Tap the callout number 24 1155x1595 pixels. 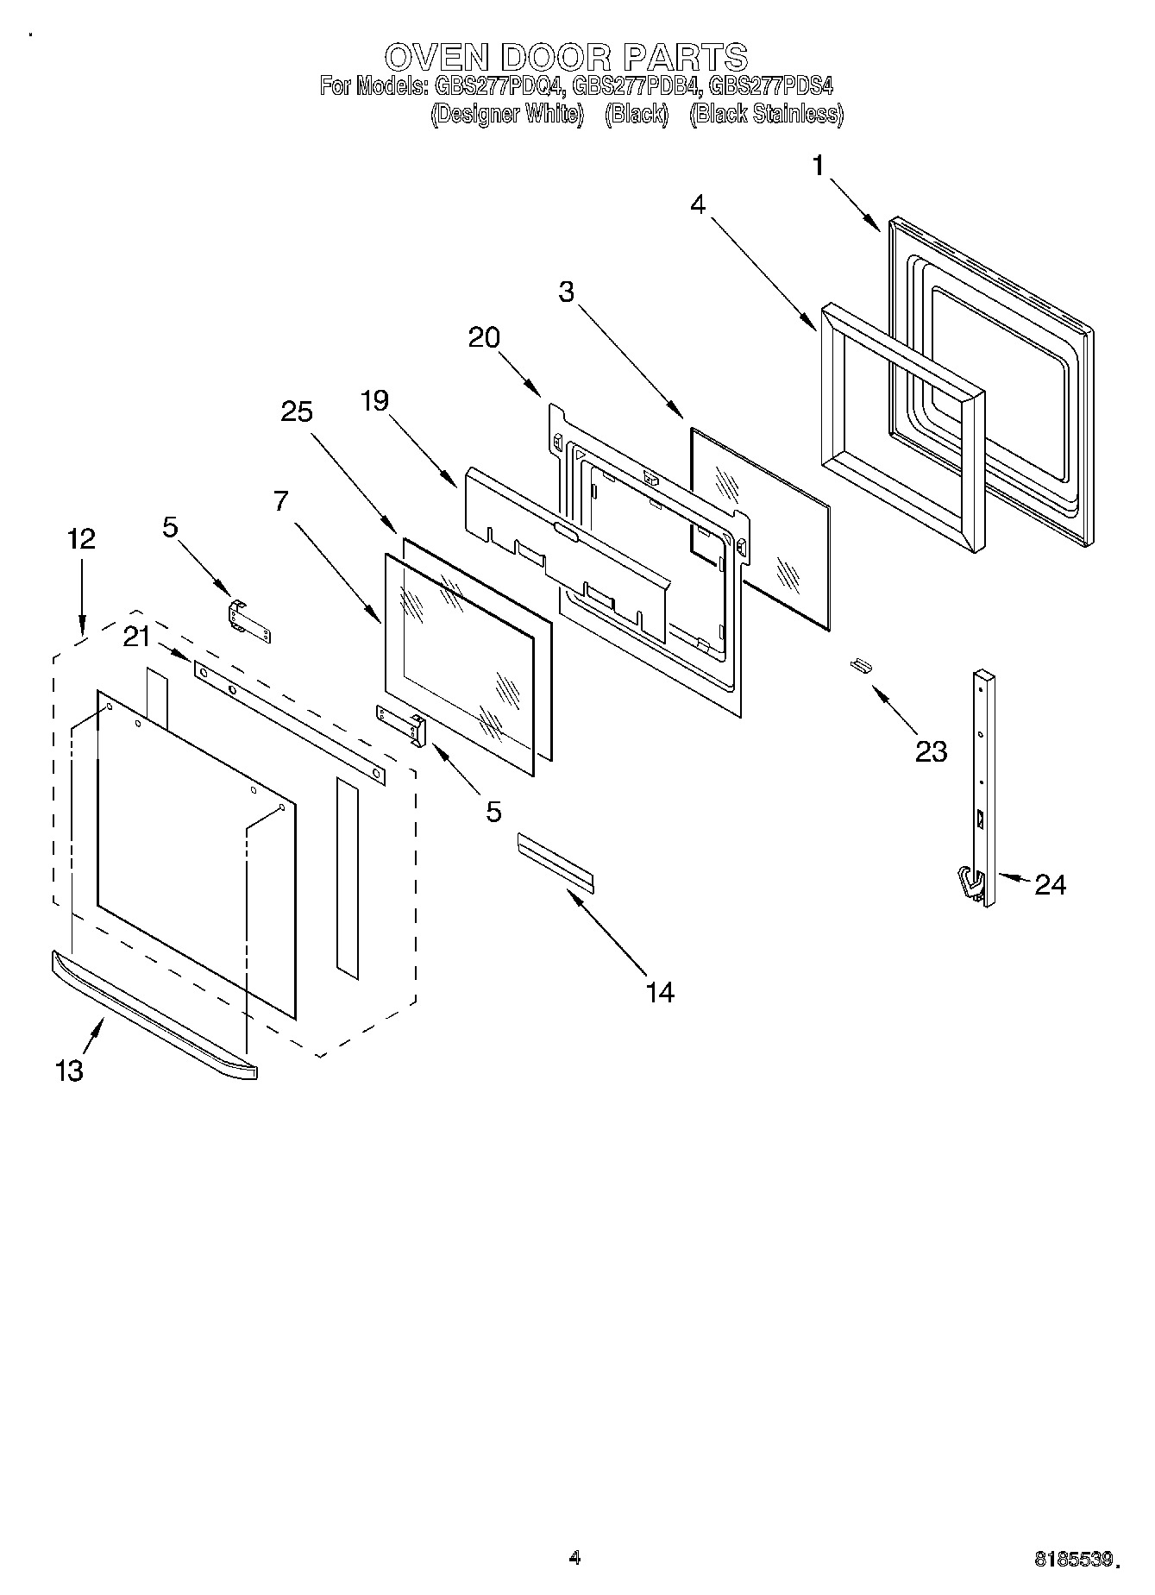1050,884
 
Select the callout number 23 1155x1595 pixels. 931,751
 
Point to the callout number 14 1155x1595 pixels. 660,992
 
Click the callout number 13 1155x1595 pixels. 69,1071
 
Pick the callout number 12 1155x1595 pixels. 81,539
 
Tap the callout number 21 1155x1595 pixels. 136,637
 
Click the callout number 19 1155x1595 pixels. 374,400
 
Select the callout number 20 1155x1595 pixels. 484,337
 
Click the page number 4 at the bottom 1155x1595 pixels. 575,1557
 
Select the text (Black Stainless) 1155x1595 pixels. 766,114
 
